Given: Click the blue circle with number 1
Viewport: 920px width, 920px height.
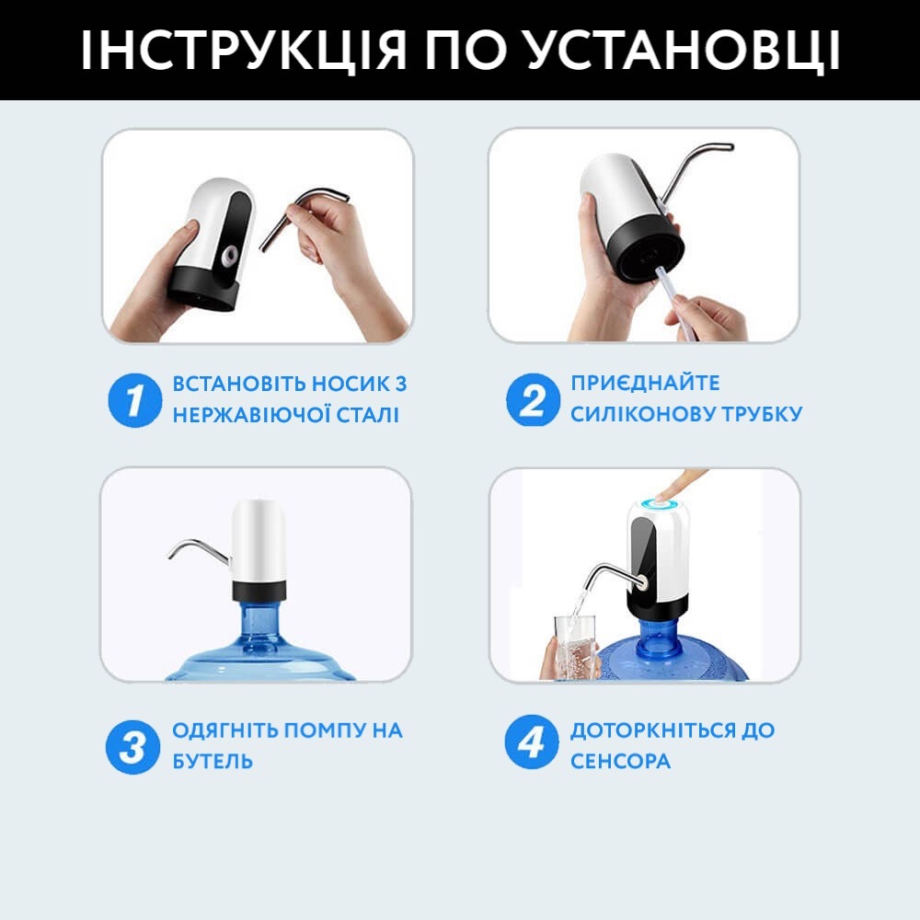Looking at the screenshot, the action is pyautogui.click(x=134, y=400).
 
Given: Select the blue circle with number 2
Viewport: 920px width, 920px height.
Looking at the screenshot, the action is pyautogui.click(x=532, y=400).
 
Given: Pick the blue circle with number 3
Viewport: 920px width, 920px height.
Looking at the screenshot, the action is pyautogui.click(x=132, y=747).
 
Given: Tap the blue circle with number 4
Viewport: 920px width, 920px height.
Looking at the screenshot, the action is pyautogui.click(x=532, y=742).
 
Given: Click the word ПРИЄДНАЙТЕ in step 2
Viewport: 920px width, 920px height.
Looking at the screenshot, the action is pyautogui.click(x=645, y=383).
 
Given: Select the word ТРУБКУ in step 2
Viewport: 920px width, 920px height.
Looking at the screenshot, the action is pyautogui.click(x=761, y=414).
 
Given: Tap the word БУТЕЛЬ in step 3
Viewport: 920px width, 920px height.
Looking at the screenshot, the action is pyautogui.click(x=213, y=761).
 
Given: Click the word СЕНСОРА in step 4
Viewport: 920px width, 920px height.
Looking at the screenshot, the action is pyautogui.click(x=620, y=761).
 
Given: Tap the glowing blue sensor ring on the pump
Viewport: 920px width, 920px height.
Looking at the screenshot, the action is pyautogui.click(x=659, y=504).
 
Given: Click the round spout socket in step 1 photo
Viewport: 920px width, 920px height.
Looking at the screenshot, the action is pyautogui.click(x=229, y=255).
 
